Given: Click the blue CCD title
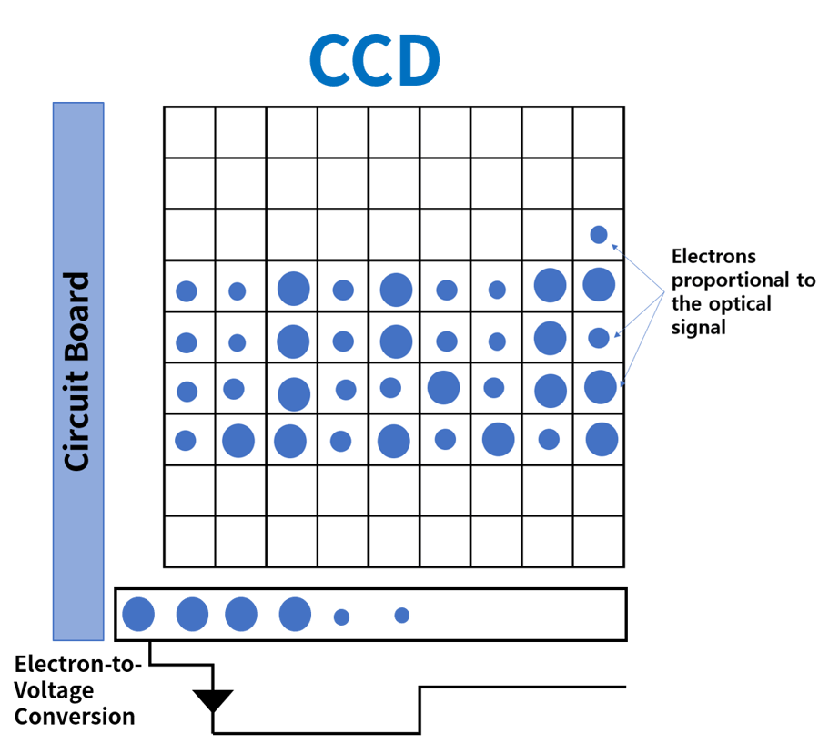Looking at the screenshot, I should [374, 60].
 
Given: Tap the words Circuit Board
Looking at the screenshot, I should [78, 371].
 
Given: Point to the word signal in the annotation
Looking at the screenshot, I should [698, 327].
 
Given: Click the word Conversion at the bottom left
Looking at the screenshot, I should [75, 717].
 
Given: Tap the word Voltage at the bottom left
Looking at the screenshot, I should [55, 690].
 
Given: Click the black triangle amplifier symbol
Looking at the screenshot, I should [213, 699].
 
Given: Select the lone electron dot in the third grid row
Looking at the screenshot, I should [599, 235].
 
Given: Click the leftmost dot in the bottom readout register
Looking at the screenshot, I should [138, 614].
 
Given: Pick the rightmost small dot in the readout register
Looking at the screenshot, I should [402, 616].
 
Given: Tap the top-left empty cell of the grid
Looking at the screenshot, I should [189, 133].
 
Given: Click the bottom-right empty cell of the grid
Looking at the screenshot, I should [599, 541].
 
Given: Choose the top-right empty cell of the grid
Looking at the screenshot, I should [599, 133].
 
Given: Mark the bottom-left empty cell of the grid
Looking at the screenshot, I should [189, 541].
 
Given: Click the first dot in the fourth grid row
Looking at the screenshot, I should [187, 291].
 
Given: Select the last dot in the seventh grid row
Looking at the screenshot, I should [602, 439].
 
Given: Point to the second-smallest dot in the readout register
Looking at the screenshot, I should [341, 617].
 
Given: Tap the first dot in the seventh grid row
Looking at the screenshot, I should [186, 440].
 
